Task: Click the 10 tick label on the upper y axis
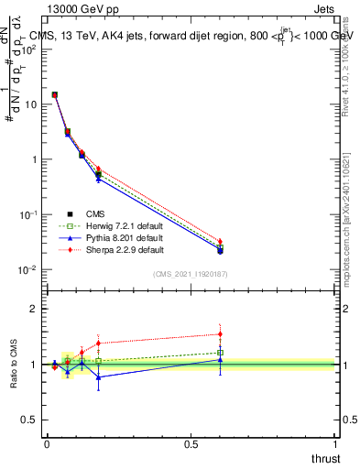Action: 31,104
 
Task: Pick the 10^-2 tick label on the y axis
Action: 28,269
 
